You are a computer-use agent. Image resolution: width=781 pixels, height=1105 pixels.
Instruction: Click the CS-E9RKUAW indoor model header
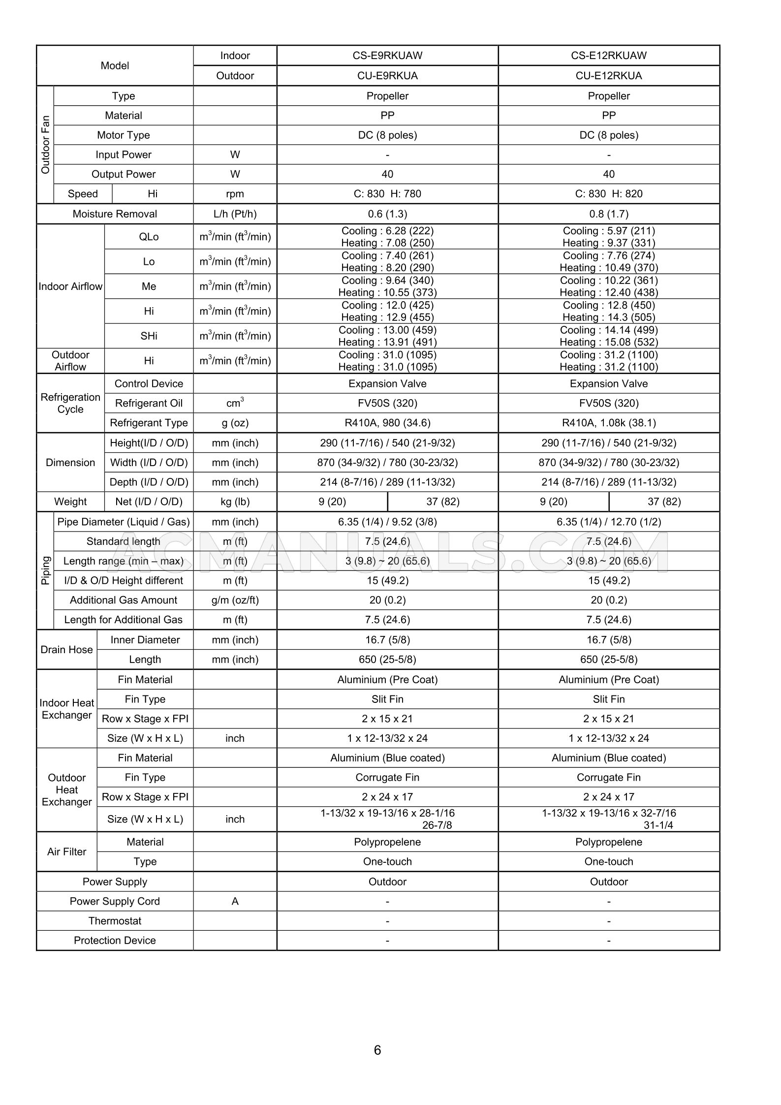387,56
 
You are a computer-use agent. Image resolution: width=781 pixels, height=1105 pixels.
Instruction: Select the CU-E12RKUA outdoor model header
609,76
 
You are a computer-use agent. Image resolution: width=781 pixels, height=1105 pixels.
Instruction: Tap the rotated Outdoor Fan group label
45,145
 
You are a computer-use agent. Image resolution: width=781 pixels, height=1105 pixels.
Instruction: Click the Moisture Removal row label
115,214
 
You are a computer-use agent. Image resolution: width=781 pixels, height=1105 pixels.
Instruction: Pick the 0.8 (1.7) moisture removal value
609,214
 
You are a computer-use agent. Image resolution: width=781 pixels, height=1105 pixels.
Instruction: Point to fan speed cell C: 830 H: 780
387,194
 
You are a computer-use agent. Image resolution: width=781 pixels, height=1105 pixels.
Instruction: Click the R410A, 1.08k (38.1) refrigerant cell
609,423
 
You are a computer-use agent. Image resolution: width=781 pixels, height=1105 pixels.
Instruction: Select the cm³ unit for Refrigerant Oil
235,403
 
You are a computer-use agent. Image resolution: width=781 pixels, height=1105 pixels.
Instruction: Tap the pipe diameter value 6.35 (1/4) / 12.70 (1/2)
609,522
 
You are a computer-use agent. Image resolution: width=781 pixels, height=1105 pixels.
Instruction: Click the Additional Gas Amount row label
124,600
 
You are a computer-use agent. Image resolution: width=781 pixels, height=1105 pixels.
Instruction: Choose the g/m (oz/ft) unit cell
235,600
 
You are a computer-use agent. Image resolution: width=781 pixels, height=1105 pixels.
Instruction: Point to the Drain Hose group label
66,650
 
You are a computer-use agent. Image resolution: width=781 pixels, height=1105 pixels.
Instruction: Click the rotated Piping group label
45,570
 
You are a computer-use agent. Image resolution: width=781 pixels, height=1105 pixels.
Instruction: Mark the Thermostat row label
115,921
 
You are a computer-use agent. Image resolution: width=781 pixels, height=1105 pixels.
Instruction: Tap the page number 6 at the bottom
377,1050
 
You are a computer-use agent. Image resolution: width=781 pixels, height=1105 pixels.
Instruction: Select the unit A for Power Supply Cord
235,901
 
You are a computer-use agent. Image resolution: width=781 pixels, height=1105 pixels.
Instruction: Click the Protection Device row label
115,941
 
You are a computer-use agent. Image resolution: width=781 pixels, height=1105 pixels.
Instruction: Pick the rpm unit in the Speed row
235,194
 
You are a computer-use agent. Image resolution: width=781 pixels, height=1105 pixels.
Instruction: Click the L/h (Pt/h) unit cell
235,214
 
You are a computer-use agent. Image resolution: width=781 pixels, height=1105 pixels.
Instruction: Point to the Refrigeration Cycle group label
70,403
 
